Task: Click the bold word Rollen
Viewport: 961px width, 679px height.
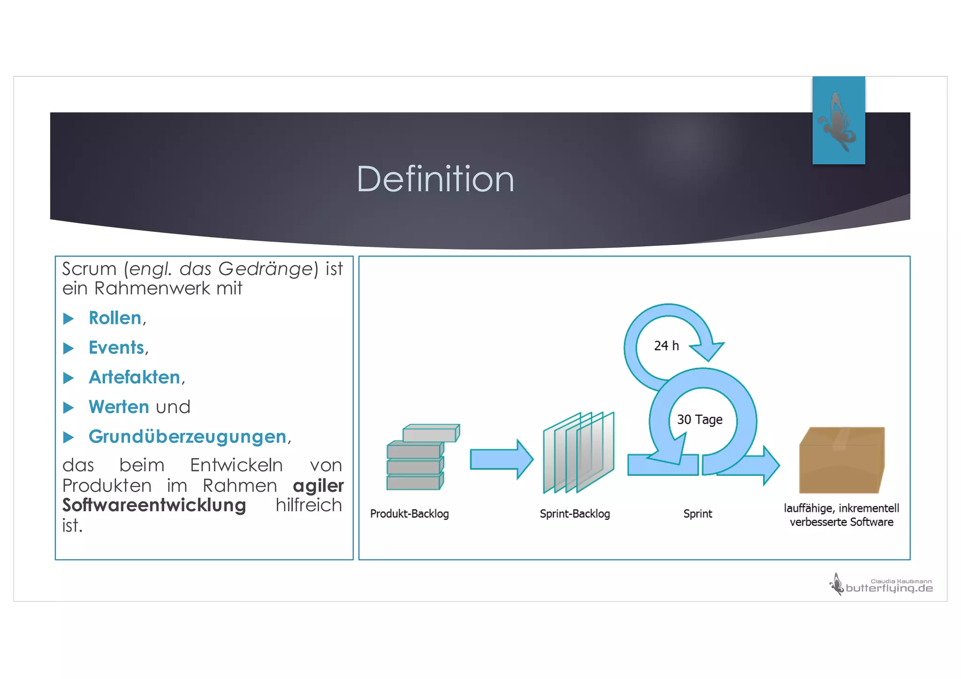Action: pos(115,318)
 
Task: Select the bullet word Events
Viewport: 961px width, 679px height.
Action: pos(116,348)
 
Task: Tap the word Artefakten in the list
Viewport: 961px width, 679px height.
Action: pos(134,377)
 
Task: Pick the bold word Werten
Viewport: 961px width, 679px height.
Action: pos(119,407)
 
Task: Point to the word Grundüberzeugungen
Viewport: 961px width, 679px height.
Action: pos(187,436)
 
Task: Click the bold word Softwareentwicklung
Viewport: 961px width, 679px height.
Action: pos(154,505)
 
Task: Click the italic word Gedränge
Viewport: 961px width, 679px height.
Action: pos(265,269)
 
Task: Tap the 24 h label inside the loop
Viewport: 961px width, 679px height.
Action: pos(666,346)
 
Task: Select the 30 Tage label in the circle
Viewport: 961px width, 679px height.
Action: pos(699,420)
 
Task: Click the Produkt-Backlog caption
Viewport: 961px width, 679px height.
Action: pos(409,514)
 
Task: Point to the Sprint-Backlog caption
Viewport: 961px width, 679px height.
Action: pos(575,514)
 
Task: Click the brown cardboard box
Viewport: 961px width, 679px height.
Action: pos(842,460)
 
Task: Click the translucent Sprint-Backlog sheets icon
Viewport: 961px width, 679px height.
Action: pos(578,452)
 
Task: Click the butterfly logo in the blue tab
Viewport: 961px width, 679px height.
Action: pos(838,122)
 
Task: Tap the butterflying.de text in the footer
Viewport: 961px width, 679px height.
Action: pos(889,588)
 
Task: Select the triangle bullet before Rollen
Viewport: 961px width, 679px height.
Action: pos(69,319)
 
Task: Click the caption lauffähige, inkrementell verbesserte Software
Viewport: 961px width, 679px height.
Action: pos(841,515)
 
